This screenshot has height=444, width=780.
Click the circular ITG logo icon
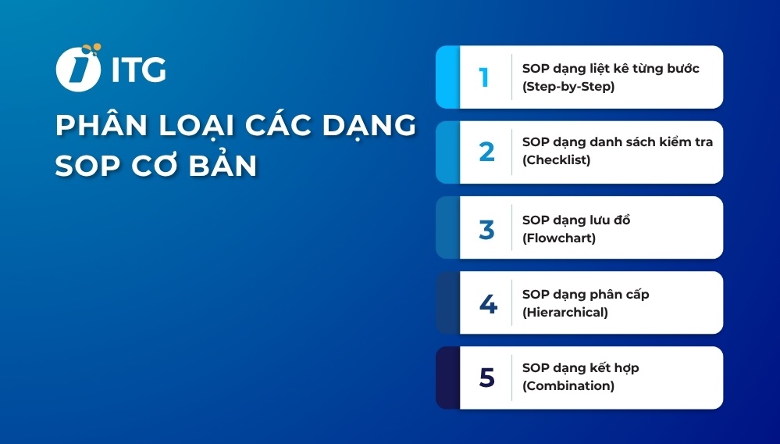pos(78,68)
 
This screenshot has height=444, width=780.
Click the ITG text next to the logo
pos(138,70)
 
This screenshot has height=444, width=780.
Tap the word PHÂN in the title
pos(98,127)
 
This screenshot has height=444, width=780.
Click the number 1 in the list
pos(484,77)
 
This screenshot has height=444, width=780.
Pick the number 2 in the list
pos(486,152)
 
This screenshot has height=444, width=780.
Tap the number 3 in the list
pos(486,228)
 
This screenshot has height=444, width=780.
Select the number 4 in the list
pos(487,303)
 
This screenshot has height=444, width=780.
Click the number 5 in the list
pos(486,378)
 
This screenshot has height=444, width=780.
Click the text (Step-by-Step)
pos(568,87)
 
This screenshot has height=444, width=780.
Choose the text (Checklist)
pos(556,160)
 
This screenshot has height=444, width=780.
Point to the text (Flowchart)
pos(558,238)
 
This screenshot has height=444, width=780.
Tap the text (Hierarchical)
pos(565,313)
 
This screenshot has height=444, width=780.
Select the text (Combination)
pos(568,386)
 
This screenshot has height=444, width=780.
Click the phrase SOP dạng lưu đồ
pos(575,220)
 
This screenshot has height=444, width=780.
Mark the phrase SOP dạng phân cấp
pos(585,295)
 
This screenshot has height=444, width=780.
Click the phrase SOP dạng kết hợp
pos(580,367)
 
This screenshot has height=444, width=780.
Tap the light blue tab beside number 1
pos(447,77)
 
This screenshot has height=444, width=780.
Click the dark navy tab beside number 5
pos(447,378)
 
